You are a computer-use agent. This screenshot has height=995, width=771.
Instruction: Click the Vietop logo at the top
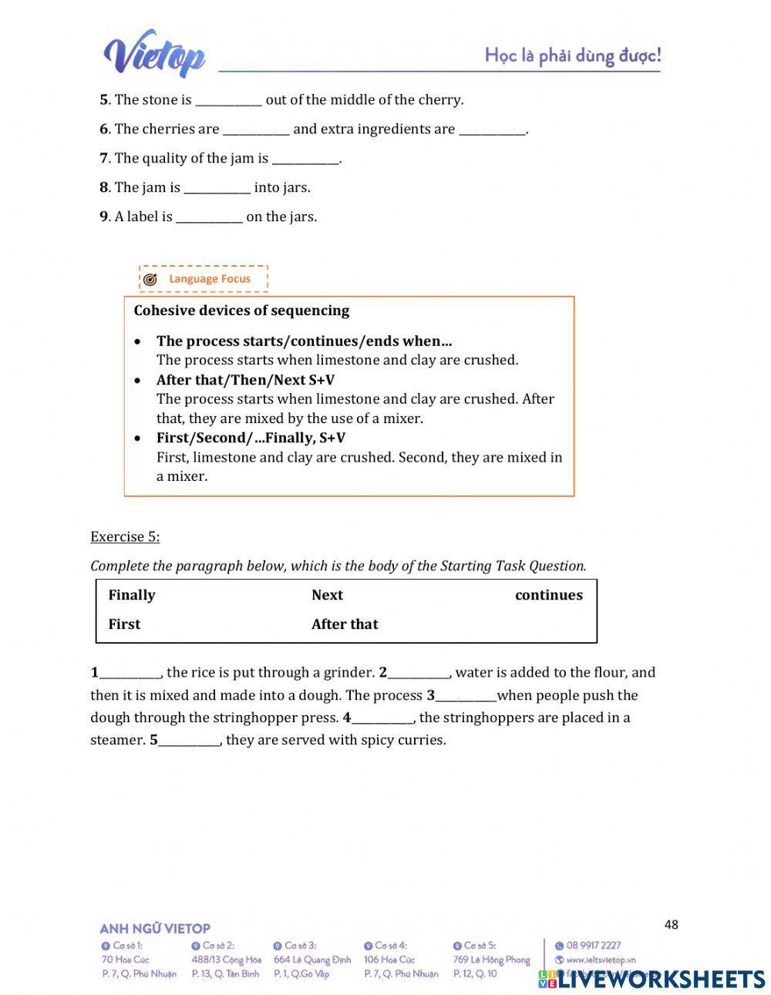154,54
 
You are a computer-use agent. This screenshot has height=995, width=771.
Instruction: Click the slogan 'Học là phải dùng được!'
572,55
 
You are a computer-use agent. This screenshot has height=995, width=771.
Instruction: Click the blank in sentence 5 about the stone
228,101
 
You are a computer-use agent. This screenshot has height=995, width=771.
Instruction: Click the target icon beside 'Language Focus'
150,279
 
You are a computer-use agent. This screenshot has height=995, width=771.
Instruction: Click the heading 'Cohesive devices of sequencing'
241,311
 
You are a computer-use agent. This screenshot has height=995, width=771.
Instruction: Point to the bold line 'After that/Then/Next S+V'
245,379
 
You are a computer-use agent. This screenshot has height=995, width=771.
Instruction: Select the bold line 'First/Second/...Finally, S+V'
251,438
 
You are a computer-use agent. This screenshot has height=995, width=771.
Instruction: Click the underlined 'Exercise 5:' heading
125,536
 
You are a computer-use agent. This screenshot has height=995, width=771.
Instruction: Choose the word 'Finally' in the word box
132,595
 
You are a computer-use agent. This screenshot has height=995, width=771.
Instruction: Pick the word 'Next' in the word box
327,595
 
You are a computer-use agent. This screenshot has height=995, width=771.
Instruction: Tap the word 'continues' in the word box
548,595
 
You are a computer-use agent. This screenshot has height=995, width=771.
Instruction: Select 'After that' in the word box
345,624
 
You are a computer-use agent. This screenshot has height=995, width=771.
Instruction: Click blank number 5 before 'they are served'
189,741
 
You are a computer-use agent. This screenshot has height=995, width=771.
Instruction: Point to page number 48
671,924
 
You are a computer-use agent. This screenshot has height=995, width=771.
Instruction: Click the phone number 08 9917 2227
593,946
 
